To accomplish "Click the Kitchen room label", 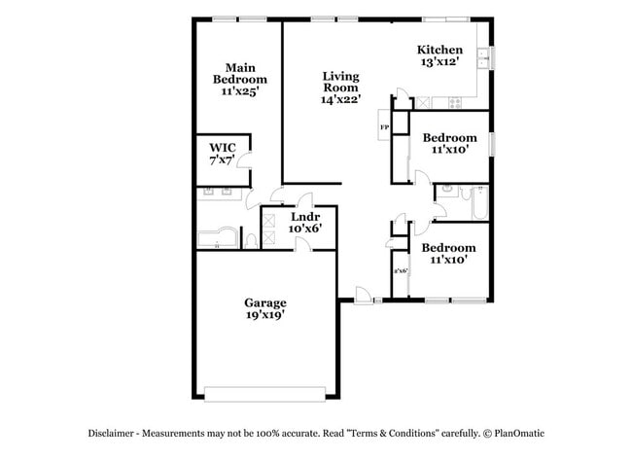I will pos(439,51).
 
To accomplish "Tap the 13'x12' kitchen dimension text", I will pos(439,62).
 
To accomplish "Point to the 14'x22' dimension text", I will pos(341,98).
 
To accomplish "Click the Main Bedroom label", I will pos(239,73).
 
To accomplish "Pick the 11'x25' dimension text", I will pos(239,90).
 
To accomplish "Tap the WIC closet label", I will pos(223,147).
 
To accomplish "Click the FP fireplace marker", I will pos(384,128).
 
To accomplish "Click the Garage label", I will pos(264,302).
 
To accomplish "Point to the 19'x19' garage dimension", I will pos(264,315).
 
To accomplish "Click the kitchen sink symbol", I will pos(483,60).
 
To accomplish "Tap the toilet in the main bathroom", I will pos(251,240).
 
